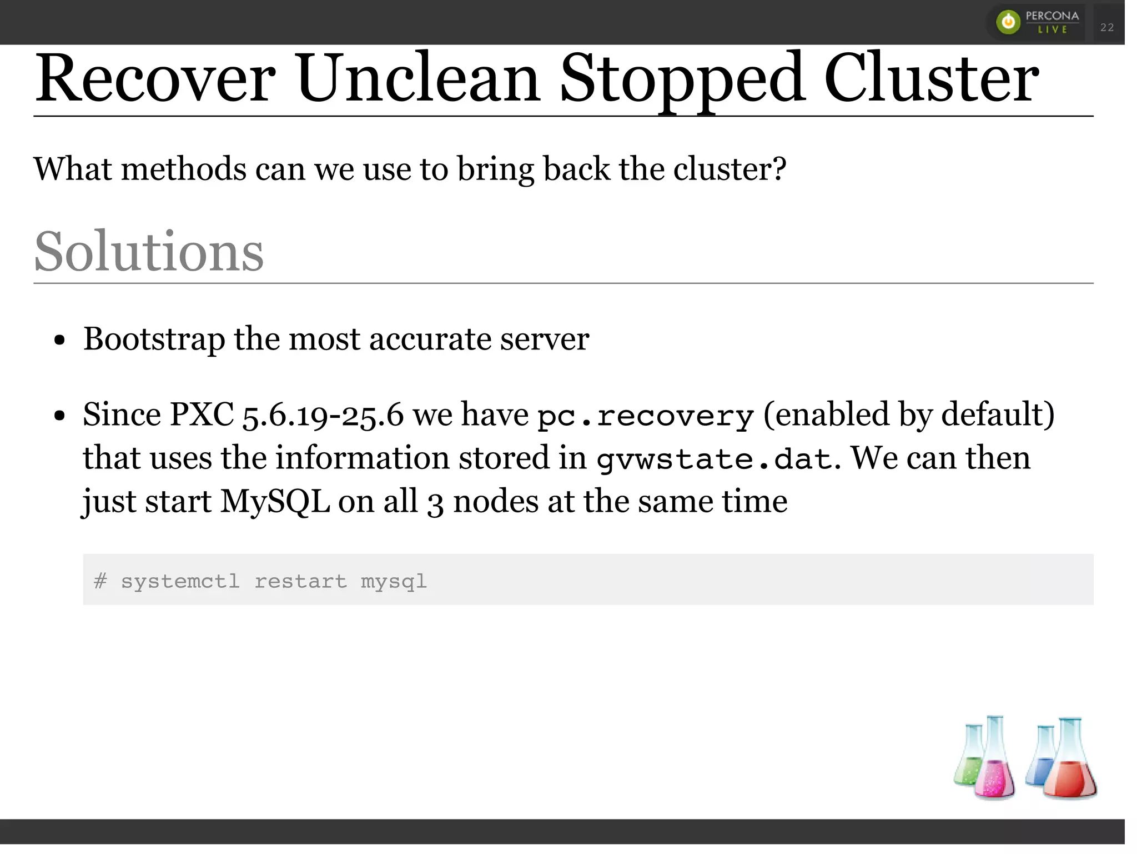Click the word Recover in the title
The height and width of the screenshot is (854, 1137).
pyautogui.click(x=155, y=79)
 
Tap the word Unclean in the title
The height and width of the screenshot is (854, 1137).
pyautogui.click(x=417, y=79)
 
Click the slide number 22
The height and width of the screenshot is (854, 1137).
pyautogui.click(x=1107, y=27)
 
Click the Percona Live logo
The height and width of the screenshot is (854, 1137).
pyautogui.click(x=1037, y=22)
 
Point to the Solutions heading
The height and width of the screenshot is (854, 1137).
pyautogui.click(x=149, y=252)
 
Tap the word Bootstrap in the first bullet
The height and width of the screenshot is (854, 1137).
pyautogui.click(x=154, y=339)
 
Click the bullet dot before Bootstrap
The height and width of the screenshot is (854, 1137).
pyautogui.click(x=60, y=340)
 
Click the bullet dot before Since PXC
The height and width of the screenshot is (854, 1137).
pyautogui.click(x=60, y=416)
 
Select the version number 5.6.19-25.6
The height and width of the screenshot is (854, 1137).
pyautogui.click(x=323, y=415)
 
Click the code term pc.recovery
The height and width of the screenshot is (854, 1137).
pyautogui.click(x=645, y=416)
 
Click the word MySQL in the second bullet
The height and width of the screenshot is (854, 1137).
pyautogui.click(x=275, y=502)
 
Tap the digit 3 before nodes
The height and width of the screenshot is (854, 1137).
pyautogui.click(x=435, y=503)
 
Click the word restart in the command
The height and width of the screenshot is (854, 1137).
pyautogui.click(x=300, y=581)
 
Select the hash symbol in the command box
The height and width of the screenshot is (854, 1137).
pyautogui.click(x=100, y=581)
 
